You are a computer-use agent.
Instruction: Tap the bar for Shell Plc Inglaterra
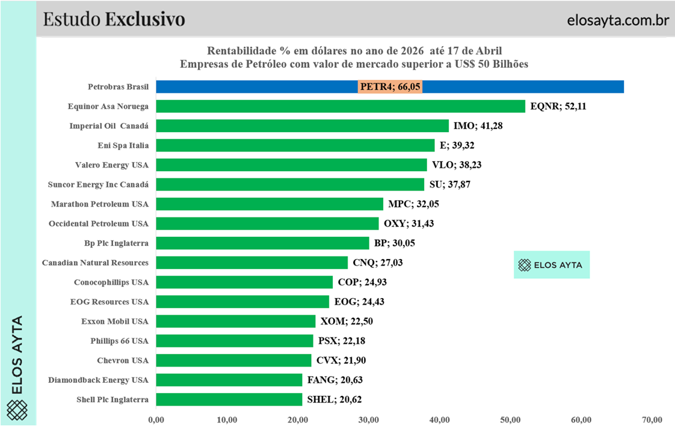pyautogui.click(x=229, y=400)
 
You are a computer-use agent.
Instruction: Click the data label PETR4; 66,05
pyautogui.click(x=390, y=87)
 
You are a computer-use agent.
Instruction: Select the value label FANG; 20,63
pyautogui.click(x=334, y=380)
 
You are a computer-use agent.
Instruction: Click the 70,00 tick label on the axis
pyautogui.click(x=652, y=419)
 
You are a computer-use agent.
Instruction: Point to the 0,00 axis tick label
pyautogui.click(x=156, y=419)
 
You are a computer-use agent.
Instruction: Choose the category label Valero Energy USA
pyautogui.click(x=111, y=165)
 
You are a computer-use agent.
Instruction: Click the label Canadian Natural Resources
pyautogui.click(x=95, y=263)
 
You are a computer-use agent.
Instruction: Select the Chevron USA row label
pyautogui.click(x=123, y=361)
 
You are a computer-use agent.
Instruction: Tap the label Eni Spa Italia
pyautogui.click(x=123, y=145)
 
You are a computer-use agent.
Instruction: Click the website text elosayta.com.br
pyautogui.click(x=618, y=20)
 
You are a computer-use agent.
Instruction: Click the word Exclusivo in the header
pyautogui.click(x=145, y=19)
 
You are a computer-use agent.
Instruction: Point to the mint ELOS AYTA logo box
pyautogui.click(x=552, y=264)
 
